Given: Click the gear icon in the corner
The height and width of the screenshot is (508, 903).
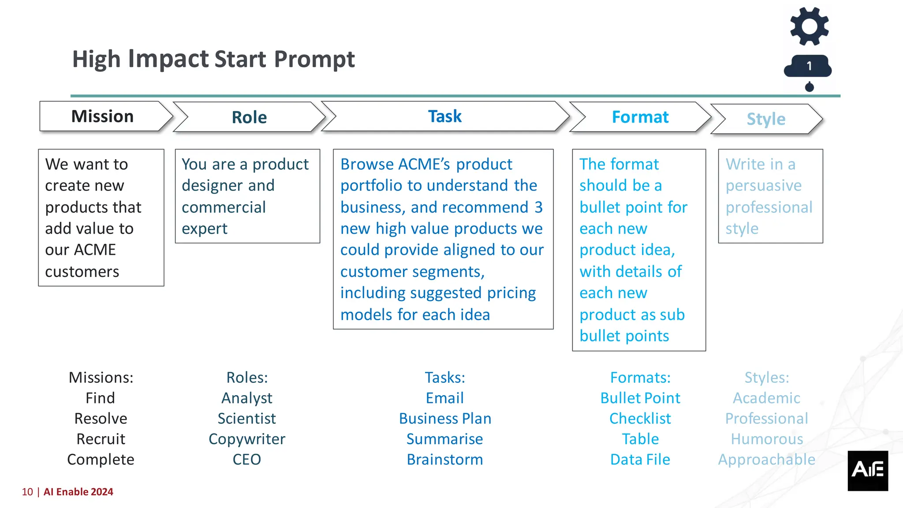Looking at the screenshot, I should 809,26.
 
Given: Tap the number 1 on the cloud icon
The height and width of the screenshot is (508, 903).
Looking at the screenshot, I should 809,66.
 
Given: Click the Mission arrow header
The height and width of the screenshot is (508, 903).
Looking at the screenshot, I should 103,116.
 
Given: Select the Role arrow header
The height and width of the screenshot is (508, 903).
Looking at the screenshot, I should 249,117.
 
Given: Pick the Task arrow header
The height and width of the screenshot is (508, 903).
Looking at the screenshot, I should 444,116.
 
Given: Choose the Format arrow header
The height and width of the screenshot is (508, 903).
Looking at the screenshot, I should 640,117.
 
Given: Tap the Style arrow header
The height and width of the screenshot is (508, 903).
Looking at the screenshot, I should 766,119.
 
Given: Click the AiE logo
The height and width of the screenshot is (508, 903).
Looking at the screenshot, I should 867,470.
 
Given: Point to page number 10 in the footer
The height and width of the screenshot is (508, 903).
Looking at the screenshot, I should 27,492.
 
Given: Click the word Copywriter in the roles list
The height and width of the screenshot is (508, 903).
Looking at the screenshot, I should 247,439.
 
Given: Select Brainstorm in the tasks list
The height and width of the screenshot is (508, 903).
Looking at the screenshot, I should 444,459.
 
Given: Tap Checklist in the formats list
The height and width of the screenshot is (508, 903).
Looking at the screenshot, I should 640,418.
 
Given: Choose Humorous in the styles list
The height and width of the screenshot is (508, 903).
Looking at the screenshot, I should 767,439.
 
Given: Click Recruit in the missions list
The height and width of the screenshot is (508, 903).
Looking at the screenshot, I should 101,439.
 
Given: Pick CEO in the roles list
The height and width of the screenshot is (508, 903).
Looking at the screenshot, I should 247,459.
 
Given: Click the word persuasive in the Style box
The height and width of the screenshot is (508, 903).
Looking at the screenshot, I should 764,186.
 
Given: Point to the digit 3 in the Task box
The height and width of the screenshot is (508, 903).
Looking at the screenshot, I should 539,207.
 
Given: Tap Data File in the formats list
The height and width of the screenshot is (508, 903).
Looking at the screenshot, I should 640,459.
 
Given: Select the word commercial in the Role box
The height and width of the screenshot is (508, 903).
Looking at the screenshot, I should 224,207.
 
